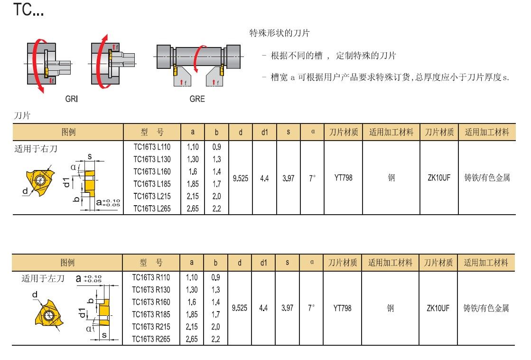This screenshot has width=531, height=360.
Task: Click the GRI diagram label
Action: click(x=72, y=99)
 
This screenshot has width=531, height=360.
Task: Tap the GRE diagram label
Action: click(x=197, y=99)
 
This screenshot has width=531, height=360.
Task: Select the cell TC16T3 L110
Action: click(x=152, y=147)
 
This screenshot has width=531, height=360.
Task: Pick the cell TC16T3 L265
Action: click(x=152, y=208)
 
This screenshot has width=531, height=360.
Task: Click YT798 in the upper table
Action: click(x=343, y=178)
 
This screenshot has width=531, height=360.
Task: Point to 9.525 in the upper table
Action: click(x=240, y=178)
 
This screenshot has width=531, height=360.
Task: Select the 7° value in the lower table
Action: click(x=311, y=308)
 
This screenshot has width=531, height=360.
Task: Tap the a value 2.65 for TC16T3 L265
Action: click(x=193, y=208)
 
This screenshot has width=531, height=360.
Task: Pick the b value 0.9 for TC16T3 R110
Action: click(x=215, y=277)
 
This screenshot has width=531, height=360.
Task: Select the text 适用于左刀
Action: click(x=43, y=279)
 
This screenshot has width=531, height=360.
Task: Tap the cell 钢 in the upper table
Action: click(x=391, y=178)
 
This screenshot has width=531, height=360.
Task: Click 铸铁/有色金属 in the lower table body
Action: click(x=486, y=308)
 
